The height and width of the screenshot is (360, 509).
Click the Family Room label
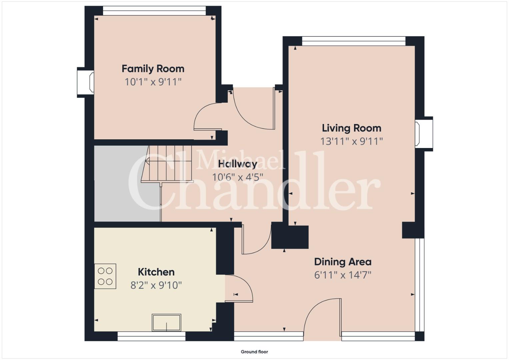point(153,69)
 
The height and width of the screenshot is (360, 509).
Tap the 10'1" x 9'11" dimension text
point(153,82)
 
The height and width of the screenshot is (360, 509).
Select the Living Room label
point(352,128)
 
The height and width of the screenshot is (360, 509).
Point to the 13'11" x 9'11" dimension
point(352,141)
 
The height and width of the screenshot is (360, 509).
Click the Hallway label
point(237,164)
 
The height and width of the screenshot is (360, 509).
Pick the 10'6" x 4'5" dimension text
point(237,177)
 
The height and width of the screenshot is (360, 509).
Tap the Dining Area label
point(343,262)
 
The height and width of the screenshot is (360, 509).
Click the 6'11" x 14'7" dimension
point(343,275)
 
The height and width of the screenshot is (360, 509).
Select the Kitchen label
point(156,272)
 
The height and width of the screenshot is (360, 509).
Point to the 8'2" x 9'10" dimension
point(156,285)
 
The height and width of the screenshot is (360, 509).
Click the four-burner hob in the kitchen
point(105,276)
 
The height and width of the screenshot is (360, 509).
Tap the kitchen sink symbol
point(167,323)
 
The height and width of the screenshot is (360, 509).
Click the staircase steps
point(167,164)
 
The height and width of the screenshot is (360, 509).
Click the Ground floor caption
point(254,352)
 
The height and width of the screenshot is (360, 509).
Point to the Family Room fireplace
point(86,82)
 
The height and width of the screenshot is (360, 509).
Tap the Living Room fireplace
point(424,134)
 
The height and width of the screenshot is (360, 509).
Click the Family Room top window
point(155,11)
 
